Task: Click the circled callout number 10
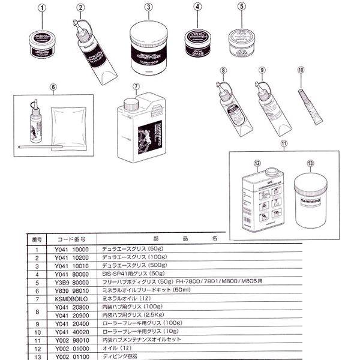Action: click(x=301, y=70)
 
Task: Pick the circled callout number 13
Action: click(x=310, y=163)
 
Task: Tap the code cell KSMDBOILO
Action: click(x=72, y=296)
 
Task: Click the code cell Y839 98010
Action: click(x=72, y=288)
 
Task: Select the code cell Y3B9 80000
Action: click(x=72, y=280)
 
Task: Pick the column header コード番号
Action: click(x=71, y=238)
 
